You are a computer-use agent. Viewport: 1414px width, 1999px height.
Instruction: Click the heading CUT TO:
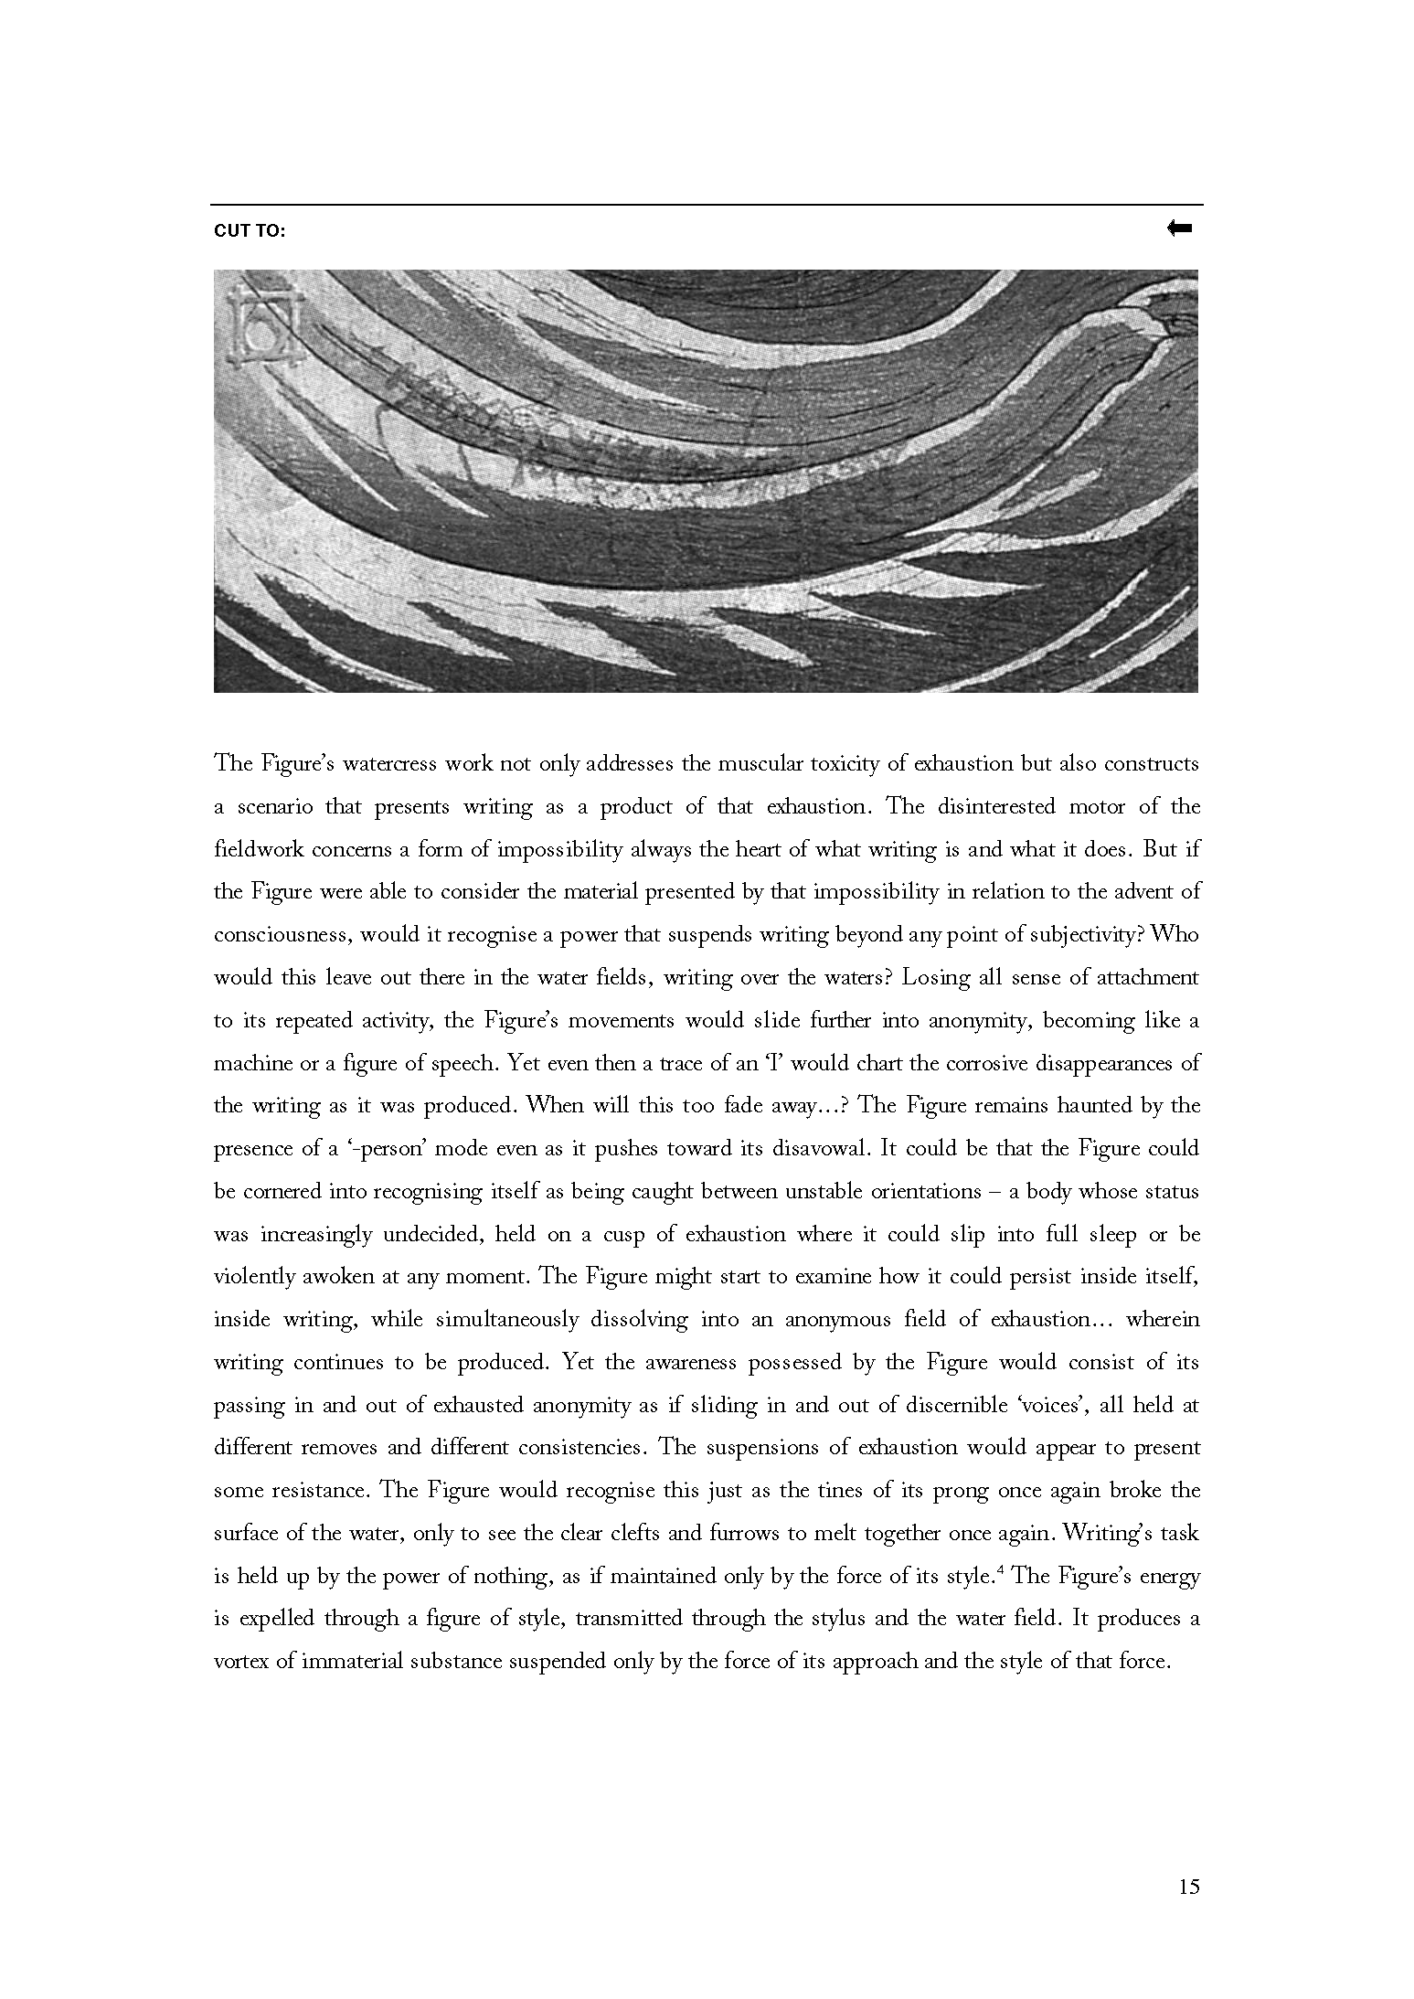pyautogui.click(x=250, y=231)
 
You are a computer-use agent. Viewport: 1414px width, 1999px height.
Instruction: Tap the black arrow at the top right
pyautogui.click(x=1179, y=229)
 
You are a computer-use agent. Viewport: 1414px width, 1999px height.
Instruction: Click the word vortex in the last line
pyautogui.click(x=239, y=1662)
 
